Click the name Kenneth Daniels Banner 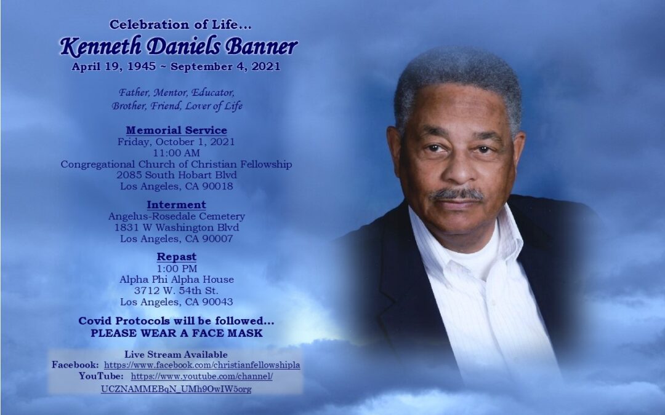pos(179,47)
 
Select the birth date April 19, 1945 pos(114,67)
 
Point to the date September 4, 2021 pos(225,67)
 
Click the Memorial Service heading pos(177,130)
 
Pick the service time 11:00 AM pos(177,153)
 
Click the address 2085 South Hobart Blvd pos(177,175)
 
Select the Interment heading pos(177,205)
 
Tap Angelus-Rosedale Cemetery pos(177,216)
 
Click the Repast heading pos(177,257)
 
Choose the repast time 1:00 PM pos(177,269)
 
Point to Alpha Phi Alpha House pos(177,280)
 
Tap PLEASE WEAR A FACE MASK pos(177,333)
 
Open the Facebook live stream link pos(202,365)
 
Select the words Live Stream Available pos(176,355)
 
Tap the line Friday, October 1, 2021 pos(176,142)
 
